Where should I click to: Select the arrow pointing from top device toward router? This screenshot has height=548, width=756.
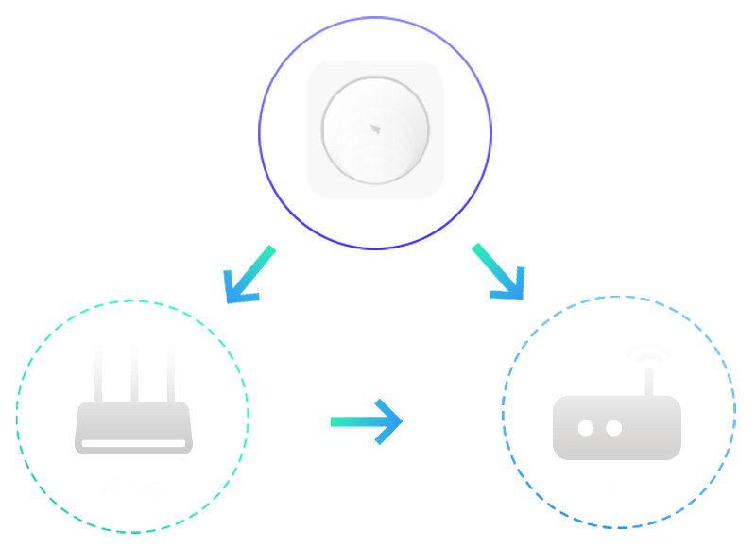click(x=249, y=276)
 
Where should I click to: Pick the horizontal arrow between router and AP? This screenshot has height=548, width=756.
click(x=367, y=421)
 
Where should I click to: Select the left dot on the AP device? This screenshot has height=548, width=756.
click(x=586, y=428)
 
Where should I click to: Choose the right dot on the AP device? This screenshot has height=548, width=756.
click(x=613, y=428)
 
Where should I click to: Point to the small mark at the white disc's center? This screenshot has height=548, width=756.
click(x=375, y=128)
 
